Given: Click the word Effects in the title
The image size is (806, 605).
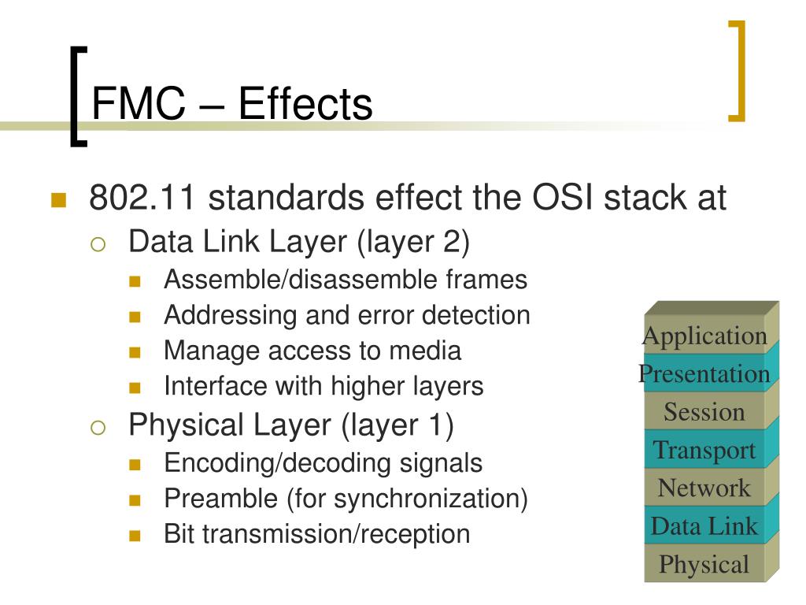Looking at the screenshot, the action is tap(305, 103).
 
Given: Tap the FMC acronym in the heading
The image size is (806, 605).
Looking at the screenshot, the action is tap(139, 103).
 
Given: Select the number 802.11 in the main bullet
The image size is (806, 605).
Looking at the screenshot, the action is tap(142, 197).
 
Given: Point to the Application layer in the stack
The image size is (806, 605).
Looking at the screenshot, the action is tap(704, 336).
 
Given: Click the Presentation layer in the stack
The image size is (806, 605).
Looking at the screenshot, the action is tap(704, 373).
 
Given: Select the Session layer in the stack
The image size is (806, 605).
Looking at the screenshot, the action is tap(704, 411).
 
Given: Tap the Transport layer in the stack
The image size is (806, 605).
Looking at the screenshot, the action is tap(704, 450).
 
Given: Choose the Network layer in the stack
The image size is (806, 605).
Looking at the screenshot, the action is tap(704, 488).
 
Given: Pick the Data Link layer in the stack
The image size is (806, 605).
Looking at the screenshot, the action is tap(704, 525).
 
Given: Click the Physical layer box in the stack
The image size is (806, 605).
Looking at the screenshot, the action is tap(704, 564).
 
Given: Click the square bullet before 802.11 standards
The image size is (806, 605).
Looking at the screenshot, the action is tap(58, 199).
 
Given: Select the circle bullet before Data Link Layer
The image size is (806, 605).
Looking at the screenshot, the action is tap(98, 244).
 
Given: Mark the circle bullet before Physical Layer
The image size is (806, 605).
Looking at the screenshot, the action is tap(98, 427).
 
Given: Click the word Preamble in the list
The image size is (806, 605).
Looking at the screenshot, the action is tap(221, 498).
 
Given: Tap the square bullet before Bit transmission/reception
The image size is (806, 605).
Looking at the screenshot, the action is tap(135, 536).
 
